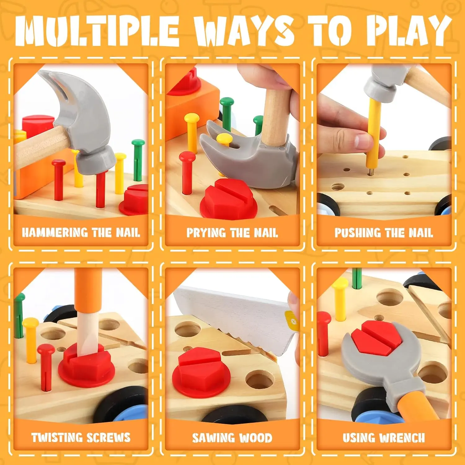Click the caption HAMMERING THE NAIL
click(81, 232)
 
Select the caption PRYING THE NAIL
click(232, 232)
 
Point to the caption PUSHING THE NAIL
click(384, 232)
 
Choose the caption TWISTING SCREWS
click(81, 437)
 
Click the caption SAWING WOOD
click(232, 437)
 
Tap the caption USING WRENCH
click(384, 437)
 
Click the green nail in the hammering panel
click(138, 160)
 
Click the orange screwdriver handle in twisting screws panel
click(88, 290)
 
